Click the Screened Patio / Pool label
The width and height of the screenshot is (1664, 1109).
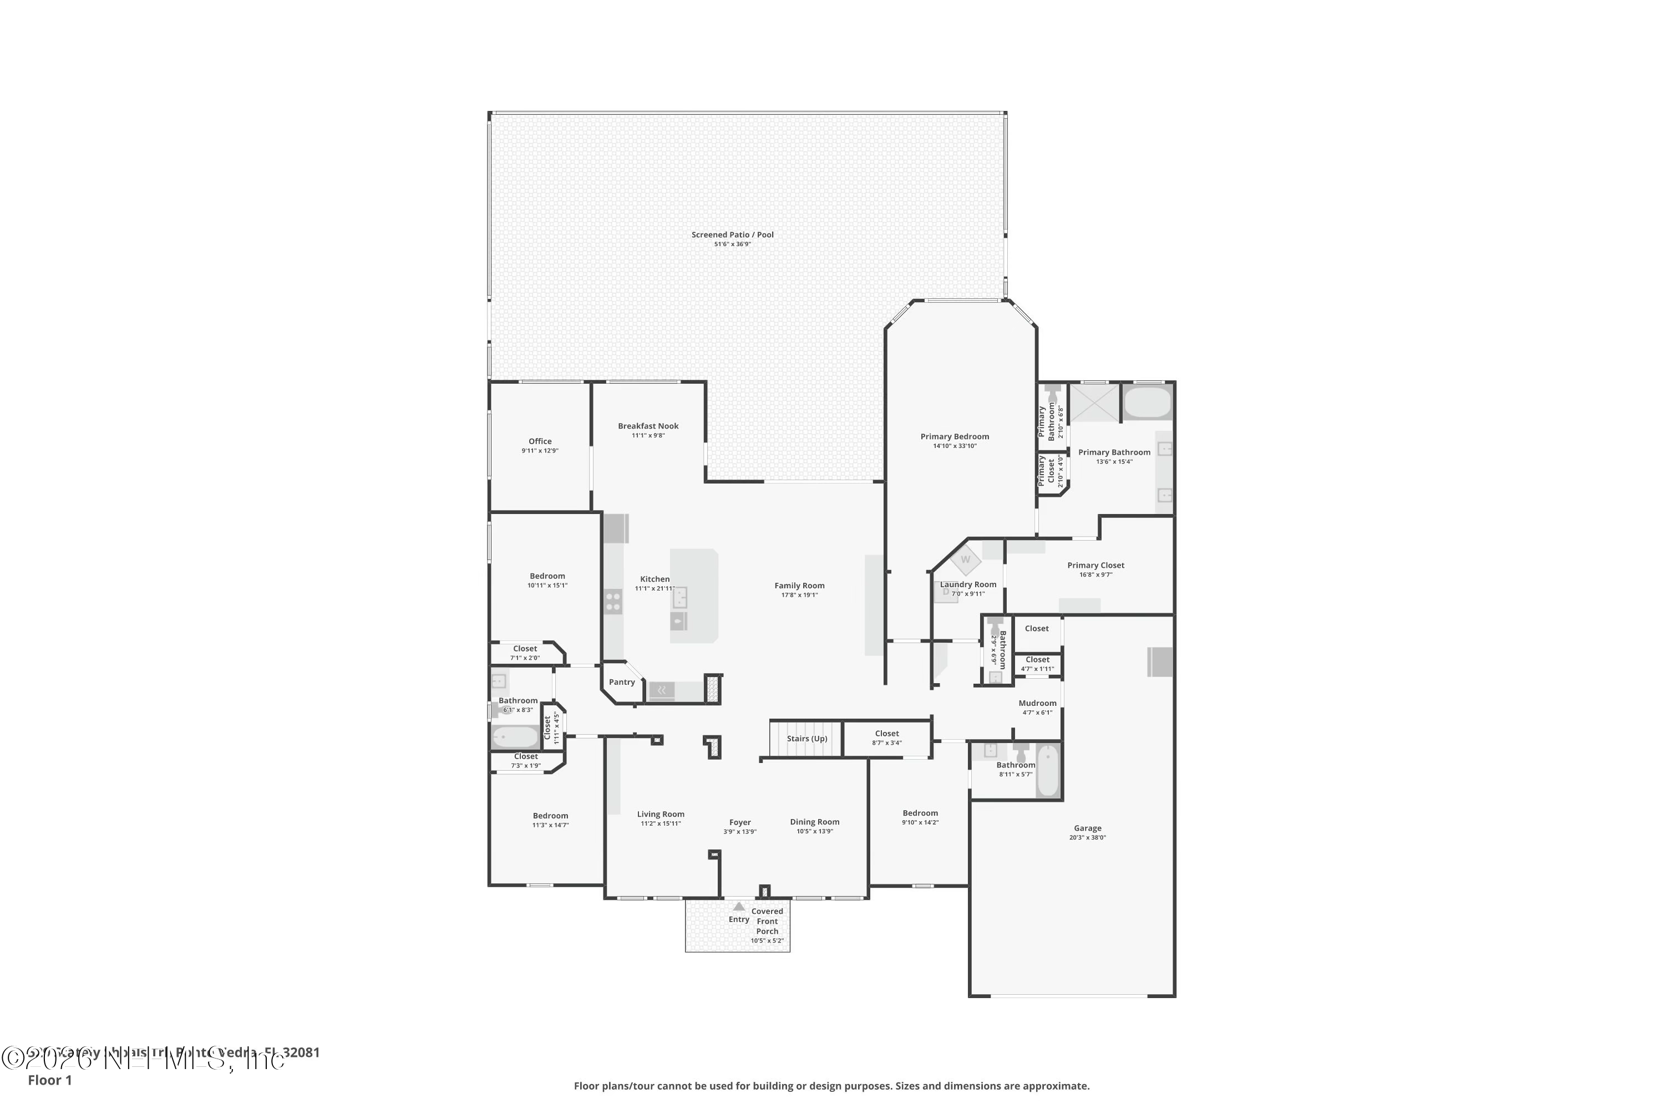click(732, 235)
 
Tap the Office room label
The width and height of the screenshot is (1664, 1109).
click(540, 441)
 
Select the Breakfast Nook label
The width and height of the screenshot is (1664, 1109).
click(648, 426)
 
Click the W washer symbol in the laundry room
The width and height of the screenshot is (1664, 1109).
click(966, 560)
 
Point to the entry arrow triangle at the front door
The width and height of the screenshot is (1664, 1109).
click(739, 907)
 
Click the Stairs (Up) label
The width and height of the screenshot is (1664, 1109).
click(806, 739)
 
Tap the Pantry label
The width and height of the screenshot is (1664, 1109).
click(622, 683)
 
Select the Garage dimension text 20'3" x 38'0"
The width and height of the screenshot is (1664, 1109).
click(1087, 837)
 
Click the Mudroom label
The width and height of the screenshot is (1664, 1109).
click(1037, 703)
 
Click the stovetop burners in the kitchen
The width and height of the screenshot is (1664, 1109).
click(613, 602)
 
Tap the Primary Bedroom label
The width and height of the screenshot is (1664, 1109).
click(955, 436)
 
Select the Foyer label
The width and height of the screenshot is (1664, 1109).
click(740, 822)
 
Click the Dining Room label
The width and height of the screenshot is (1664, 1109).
click(814, 822)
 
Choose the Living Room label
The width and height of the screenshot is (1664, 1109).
click(660, 814)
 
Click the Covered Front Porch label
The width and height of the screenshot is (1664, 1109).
click(767, 921)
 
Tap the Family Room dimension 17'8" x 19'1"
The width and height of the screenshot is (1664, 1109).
click(799, 595)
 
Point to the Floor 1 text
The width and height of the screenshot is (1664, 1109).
click(49, 1080)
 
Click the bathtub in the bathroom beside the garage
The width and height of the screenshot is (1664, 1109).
click(1048, 771)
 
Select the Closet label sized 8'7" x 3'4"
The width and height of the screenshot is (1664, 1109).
click(886, 734)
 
